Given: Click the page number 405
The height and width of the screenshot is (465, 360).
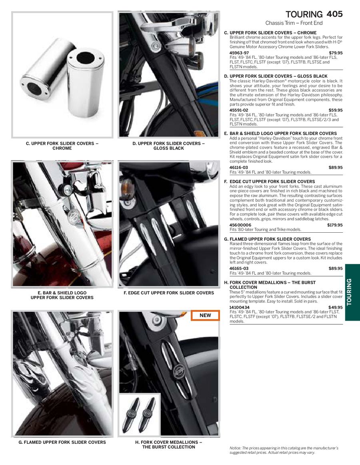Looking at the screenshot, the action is coord(334,14).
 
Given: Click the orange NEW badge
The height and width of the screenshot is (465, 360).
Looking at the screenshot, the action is coord(205,315).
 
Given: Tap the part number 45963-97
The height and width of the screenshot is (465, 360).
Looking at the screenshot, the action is coord(239,53).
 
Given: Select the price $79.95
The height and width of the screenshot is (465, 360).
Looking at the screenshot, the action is coord(336,53).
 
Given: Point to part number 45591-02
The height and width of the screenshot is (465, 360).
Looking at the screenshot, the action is coord(239,110).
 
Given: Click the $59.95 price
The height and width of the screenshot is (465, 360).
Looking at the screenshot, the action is coord(336,110).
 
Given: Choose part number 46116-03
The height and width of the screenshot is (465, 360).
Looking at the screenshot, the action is coord(239,167).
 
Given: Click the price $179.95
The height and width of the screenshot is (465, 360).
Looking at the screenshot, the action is coord(335,225).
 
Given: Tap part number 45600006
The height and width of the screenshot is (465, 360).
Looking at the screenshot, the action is coord(240,225).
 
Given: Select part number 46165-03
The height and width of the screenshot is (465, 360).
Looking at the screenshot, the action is coord(239,268).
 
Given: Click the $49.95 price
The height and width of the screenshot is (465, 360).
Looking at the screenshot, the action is coord(336,307).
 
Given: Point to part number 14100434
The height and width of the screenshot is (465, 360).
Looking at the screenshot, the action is coord(240,307).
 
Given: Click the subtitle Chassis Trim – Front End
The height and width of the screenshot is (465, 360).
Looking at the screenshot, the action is coord(294,23).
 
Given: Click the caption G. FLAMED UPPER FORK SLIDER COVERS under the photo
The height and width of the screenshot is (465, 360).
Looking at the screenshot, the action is coord(62,442).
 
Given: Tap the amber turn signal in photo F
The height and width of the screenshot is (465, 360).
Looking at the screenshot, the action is coord(126,187).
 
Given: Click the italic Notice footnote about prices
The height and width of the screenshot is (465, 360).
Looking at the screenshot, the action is coord(284,450).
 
